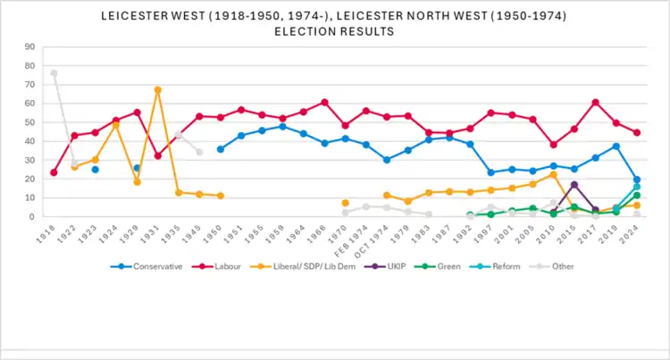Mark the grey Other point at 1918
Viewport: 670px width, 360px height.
[x=54, y=73]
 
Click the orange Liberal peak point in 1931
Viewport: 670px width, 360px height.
[x=157, y=89]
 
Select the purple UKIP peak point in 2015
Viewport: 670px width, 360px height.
[x=574, y=185]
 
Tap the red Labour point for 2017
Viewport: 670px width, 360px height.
[x=595, y=102]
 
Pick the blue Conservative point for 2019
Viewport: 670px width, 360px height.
[x=616, y=146]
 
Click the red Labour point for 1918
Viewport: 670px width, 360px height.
[x=54, y=172]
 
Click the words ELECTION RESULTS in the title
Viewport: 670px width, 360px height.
[x=336, y=31]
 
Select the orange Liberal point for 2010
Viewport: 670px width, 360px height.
[x=554, y=174]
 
